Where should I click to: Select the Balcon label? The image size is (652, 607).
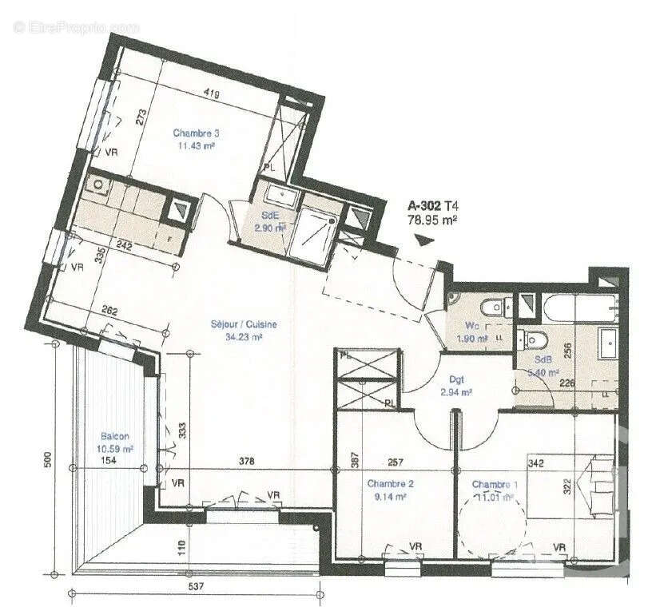pos(117,437)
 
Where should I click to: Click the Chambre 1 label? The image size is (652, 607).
pos(494,484)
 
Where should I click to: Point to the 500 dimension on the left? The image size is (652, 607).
pos(48,461)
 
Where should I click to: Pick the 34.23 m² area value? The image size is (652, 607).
pos(244,337)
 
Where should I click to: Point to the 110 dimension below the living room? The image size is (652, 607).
pos(182,548)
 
